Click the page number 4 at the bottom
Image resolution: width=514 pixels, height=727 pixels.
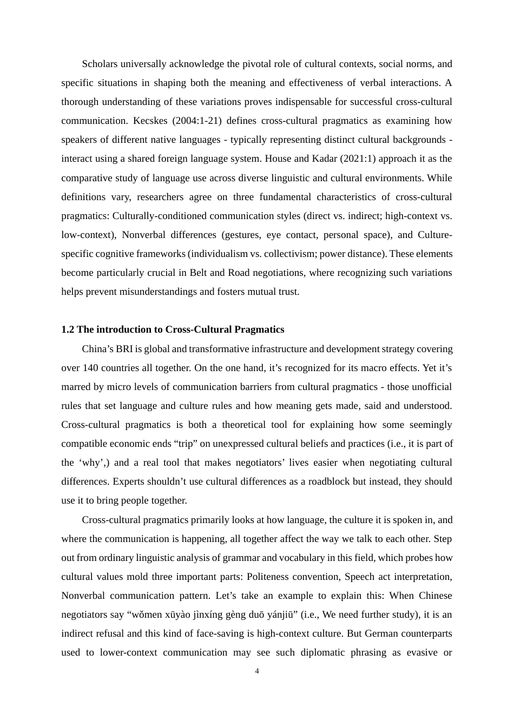click(257, 671)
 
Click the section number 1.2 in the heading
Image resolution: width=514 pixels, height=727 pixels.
click(68, 329)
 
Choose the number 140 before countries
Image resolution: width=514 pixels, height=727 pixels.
click(90, 368)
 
